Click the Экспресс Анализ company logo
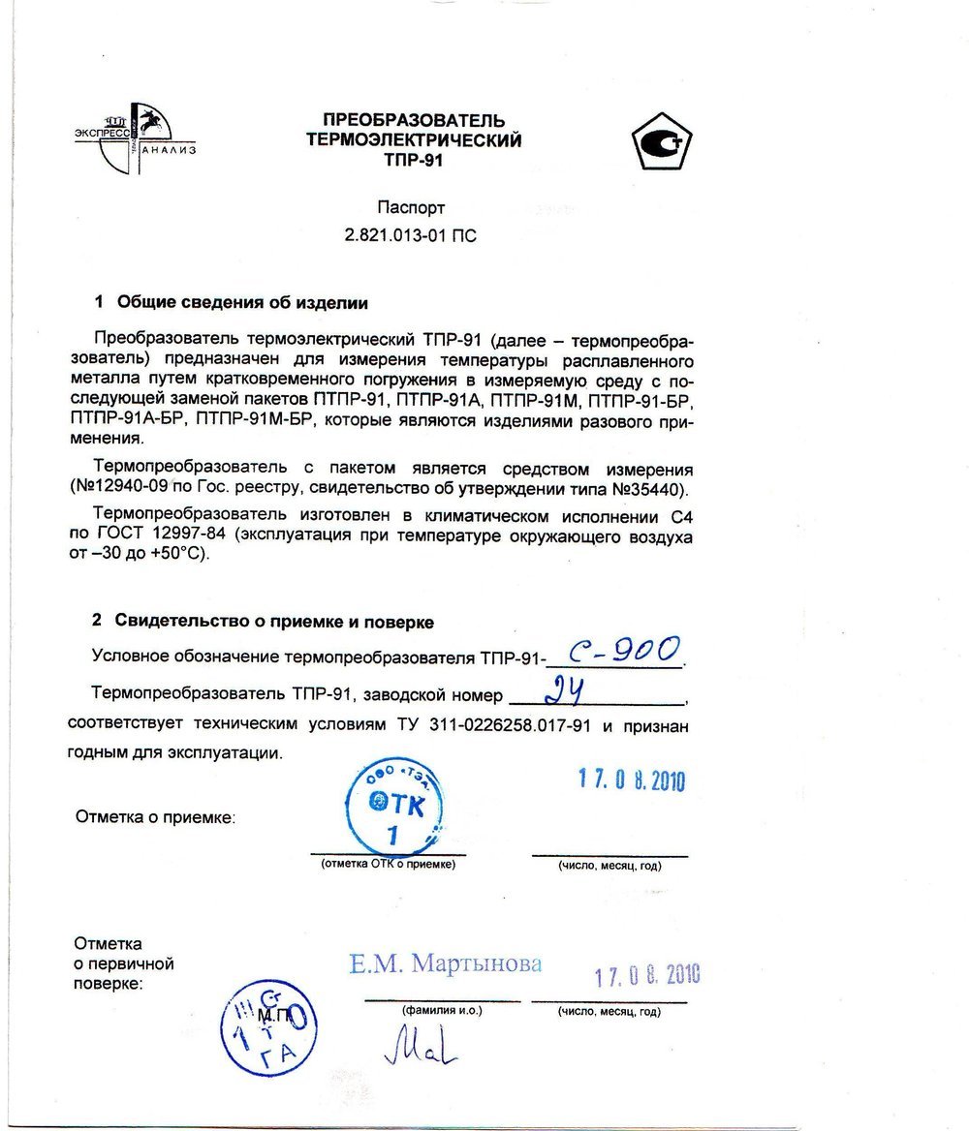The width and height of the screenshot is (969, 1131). coord(137,138)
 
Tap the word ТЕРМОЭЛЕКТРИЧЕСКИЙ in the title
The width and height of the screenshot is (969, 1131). coord(414,140)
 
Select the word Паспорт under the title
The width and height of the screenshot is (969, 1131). coord(412,207)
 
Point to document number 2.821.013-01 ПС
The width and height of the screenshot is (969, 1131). coord(411,235)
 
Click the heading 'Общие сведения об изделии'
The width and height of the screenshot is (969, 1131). coord(242,303)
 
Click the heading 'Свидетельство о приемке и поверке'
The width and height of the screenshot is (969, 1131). coord(274,621)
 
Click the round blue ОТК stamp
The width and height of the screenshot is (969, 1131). coord(394,805)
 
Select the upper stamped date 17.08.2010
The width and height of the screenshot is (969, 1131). coord(631,780)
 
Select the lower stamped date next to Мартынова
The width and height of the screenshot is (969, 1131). coord(646,974)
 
